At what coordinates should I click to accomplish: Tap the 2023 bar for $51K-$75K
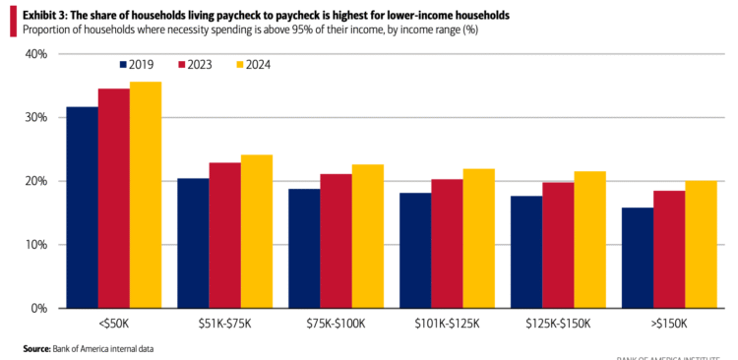click(224, 235)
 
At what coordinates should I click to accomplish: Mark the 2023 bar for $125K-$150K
click(559, 245)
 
